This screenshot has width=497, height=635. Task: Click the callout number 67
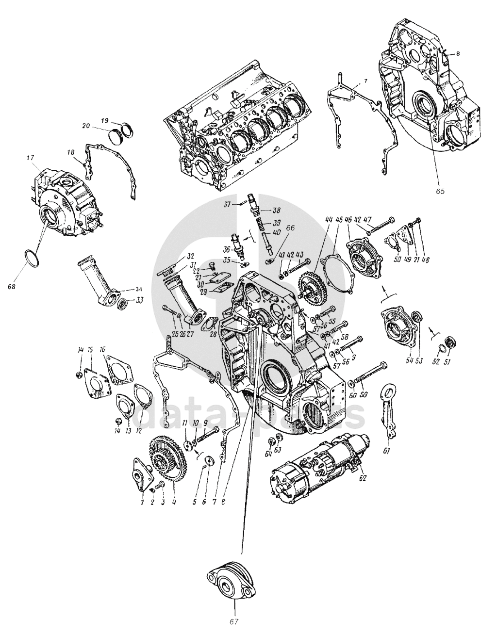pos(234,620)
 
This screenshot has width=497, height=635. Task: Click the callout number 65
pos(439,191)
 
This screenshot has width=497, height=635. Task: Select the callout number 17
pos(30,157)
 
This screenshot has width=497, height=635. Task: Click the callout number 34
pos(139,291)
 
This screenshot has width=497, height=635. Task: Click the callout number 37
pos(226,204)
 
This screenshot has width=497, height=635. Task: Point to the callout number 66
pos(290,228)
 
